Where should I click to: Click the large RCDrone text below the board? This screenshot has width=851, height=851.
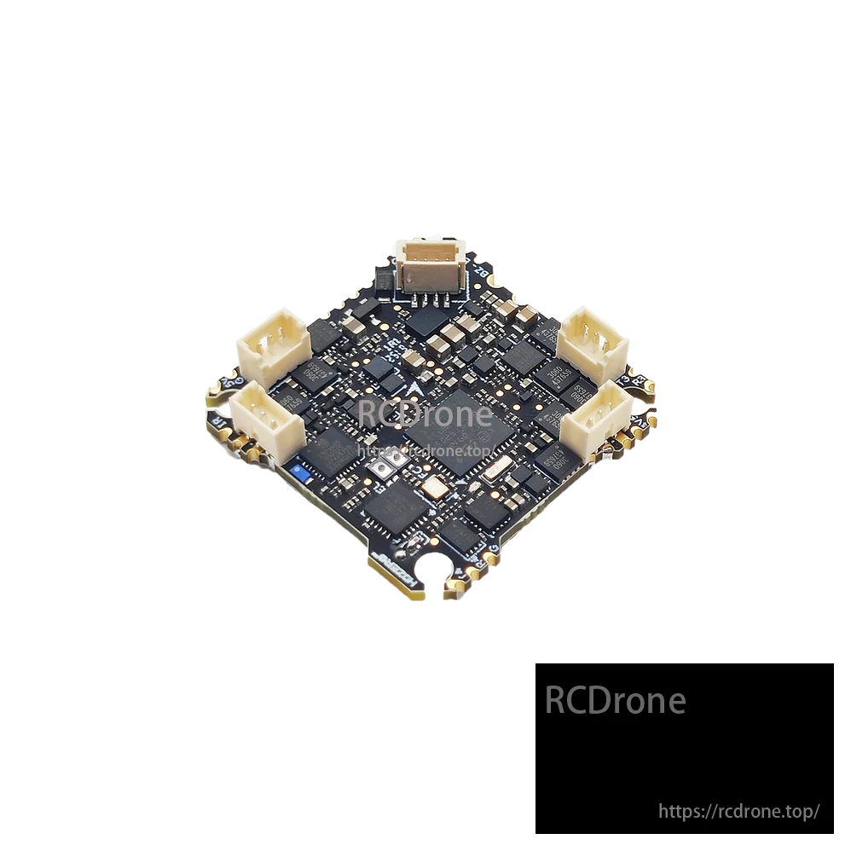[615, 700]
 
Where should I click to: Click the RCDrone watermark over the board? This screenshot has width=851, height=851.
[425, 415]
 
